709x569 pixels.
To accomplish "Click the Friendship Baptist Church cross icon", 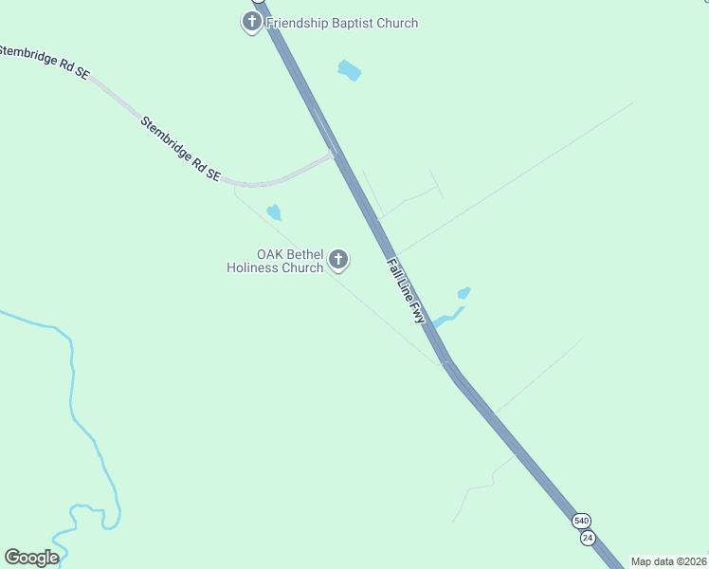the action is [252, 22].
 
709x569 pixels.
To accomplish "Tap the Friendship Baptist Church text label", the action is [342, 23].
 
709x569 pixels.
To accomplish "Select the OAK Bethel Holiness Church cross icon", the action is [337, 259].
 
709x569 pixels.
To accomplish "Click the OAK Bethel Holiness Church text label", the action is [276, 262].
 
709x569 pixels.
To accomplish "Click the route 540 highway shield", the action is [581, 521].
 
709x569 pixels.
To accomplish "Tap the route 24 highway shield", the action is [588, 538].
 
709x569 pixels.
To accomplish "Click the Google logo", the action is [31, 558].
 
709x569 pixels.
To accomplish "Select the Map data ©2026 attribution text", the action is [668, 561].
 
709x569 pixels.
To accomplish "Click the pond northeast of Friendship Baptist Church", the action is [350, 70].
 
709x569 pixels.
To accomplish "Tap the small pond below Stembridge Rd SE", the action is [274, 211].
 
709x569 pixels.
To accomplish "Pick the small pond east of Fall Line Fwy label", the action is [464, 293].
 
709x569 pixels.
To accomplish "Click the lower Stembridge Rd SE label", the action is [180, 149].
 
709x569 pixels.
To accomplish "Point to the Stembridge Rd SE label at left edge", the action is [43, 61].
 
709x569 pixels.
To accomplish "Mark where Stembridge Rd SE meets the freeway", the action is [334, 155].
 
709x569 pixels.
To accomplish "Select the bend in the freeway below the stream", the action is [446, 360].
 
